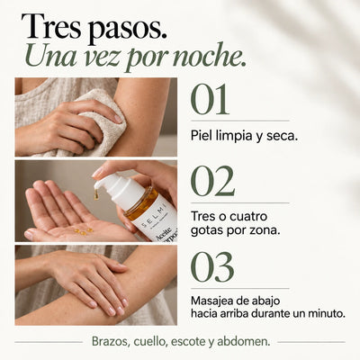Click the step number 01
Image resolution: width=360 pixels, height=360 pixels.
coord(210,100)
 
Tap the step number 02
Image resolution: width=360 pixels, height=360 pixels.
coord(212,181)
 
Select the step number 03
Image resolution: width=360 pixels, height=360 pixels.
coord(212,267)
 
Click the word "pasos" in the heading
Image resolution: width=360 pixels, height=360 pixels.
coord(128,28)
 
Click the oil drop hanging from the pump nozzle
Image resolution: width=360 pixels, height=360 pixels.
coord(96,195)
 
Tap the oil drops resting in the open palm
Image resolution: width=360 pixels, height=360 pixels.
coord(84,231)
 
